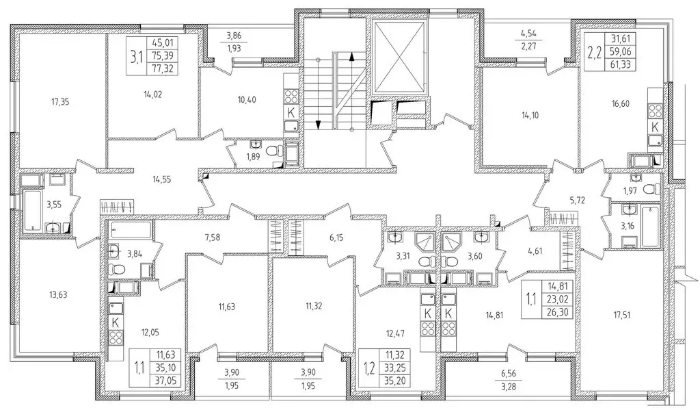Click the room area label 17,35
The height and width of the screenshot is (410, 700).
point(60,103)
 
